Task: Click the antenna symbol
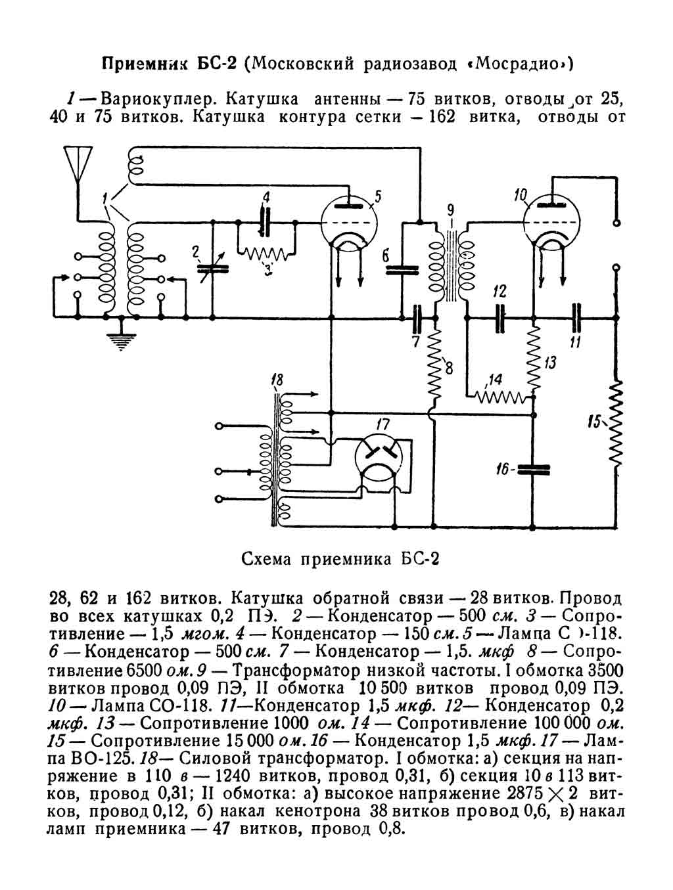tap(78, 164)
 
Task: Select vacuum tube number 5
tap(348, 223)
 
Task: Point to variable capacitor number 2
tap(212, 267)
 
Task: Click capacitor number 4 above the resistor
tap(266, 223)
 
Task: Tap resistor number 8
tap(434, 368)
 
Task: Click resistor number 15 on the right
tap(616, 424)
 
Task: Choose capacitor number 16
tap(532, 469)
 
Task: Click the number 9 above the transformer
tap(450, 211)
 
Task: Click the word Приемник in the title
tap(141, 64)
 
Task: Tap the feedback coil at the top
tap(137, 166)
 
